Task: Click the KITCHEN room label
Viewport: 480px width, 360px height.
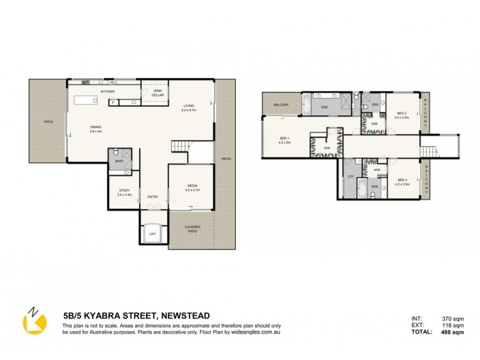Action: [107, 91]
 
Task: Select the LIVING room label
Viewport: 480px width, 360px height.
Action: [188, 106]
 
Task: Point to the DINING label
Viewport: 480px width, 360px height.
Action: [95, 128]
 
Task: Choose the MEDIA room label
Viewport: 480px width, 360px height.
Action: [192, 186]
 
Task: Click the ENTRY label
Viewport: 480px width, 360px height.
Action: [153, 196]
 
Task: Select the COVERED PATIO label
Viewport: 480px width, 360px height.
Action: [192, 229]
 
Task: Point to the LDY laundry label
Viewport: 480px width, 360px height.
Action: [350, 176]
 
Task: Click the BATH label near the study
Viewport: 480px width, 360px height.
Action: [119, 161]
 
